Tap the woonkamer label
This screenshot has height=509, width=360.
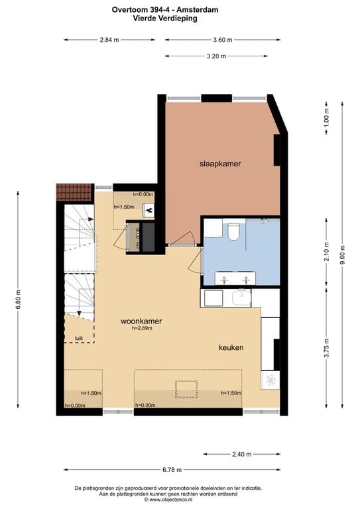(x=141, y=321)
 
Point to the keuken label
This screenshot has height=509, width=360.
(x=231, y=347)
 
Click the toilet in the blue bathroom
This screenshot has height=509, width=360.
(x=233, y=233)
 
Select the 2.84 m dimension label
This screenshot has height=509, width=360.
(x=109, y=40)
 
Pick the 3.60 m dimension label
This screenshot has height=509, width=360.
(x=222, y=40)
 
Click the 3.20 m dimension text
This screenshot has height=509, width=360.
(x=216, y=56)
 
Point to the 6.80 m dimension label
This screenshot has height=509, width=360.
(x=19, y=300)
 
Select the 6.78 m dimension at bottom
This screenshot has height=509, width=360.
(x=171, y=471)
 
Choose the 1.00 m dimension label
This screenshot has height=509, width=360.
(x=326, y=121)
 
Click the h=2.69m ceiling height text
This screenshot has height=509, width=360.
(x=143, y=329)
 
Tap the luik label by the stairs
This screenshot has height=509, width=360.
(x=78, y=337)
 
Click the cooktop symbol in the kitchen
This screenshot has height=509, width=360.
(x=270, y=380)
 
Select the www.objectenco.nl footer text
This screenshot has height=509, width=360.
(x=171, y=500)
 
